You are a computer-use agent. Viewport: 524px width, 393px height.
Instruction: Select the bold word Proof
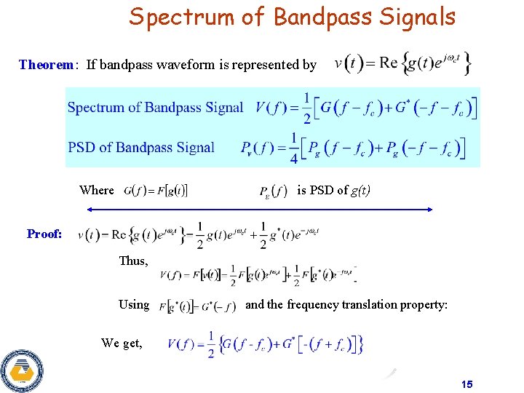click(44, 234)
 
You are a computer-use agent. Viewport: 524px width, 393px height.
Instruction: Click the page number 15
click(467, 384)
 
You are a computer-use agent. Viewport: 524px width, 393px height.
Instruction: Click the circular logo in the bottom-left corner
click(22, 371)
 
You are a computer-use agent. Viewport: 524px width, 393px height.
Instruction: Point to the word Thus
click(133, 261)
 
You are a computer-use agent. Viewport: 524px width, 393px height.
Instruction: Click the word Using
click(134, 304)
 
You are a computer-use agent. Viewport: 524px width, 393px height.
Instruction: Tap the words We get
click(122, 343)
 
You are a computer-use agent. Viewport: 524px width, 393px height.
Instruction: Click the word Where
click(97, 190)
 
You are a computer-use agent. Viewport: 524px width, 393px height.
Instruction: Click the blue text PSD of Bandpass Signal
click(141, 148)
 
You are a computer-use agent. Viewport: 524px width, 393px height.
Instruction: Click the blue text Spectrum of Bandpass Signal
click(155, 108)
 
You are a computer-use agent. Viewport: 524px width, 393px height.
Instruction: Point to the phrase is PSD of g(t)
click(334, 190)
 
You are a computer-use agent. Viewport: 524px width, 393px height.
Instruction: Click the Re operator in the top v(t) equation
click(388, 63)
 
